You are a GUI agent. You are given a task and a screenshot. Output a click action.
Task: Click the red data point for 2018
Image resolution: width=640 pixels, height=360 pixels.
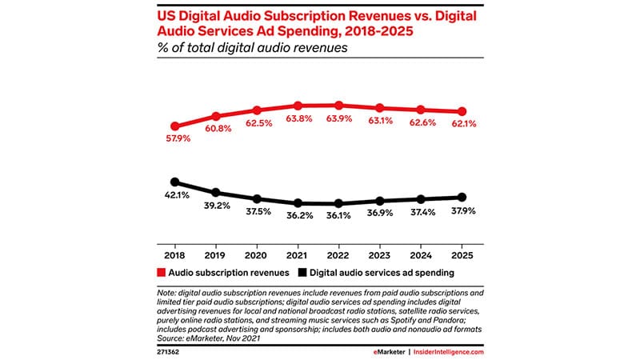click(x=175, y=126)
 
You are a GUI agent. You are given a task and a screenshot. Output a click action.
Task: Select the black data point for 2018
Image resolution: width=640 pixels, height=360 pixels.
click(x=175, y=182)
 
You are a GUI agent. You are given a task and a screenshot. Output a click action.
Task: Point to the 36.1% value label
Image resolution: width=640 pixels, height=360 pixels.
click(x=338, y=218)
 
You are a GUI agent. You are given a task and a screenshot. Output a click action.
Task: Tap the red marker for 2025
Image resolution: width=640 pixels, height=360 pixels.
click(x=462, y=112)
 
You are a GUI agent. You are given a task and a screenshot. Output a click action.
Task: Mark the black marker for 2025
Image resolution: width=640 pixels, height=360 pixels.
click(x=462, y=197)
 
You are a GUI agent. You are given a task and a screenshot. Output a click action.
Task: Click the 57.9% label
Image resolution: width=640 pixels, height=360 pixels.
click(x=175, y=142)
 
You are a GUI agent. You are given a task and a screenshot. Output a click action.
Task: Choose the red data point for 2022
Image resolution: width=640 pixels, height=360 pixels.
click(x=338, y=106)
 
